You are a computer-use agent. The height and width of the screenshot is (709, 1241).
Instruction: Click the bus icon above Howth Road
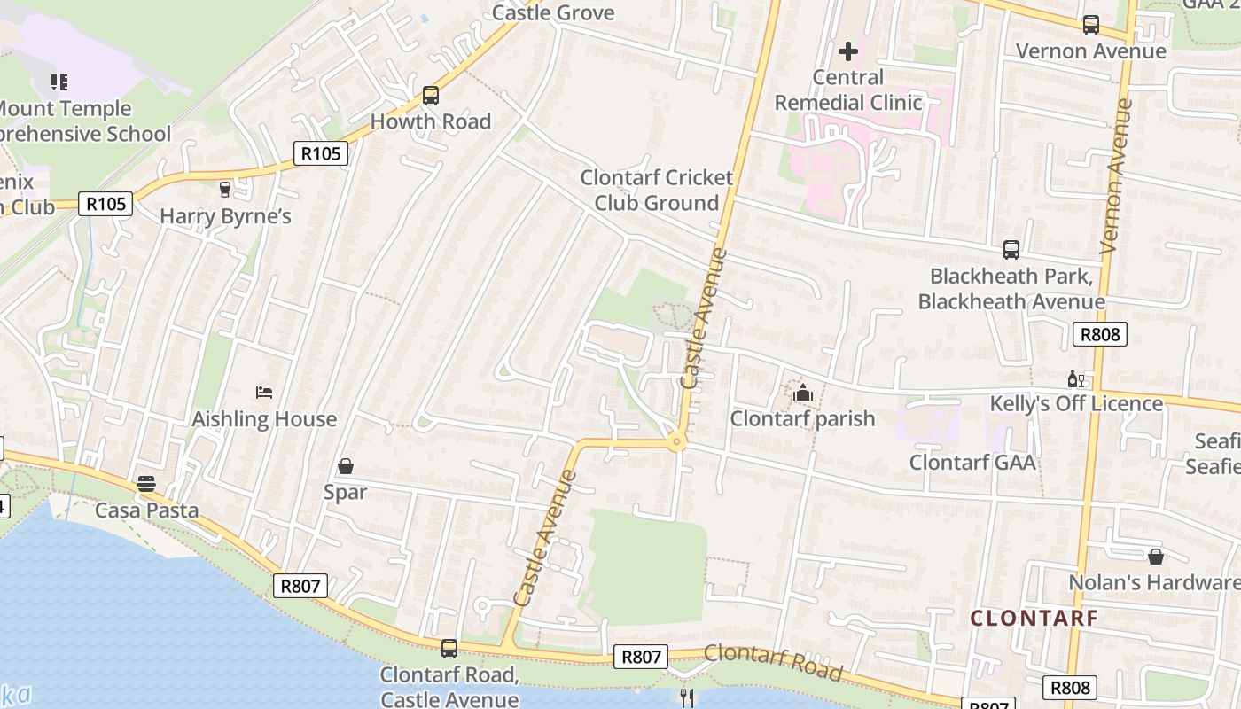pyautogui.click(x=431, y=95)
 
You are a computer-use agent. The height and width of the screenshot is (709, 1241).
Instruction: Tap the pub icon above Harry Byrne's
pyautogui.click(x=225, y=189)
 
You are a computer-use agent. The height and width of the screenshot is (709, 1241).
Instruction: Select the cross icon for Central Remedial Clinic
pyautogui.click(x=848, y=51)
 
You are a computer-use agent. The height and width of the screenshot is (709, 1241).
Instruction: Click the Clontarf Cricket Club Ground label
pyautogui.click(x=657, y=190)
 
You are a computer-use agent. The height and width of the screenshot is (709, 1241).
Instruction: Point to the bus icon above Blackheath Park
pyautogui.click(x=1011, y=250)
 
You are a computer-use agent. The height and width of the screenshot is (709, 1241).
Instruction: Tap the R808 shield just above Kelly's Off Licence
pyautogui.click(x=1099, y=334)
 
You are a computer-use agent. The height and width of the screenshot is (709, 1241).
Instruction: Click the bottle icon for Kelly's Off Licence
pyautogui.click(x=1076, y=379)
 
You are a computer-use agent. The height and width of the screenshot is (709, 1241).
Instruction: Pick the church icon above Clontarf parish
pyautogui.click(x=803, y=393)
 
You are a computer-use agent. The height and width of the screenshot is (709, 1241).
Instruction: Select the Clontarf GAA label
pyautogui.click(x=972, y=462)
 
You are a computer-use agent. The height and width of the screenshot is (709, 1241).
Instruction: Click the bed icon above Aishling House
pyautogui.click(x=264, y=392)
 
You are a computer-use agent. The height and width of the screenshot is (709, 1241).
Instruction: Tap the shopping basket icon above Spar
pyautogui.click(x=346, y=466)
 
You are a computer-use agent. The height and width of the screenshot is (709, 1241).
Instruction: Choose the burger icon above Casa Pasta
pyautogui.click(x=146, y=484)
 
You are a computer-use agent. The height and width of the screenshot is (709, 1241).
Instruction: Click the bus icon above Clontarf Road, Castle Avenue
pyautogui.click(x=449, y=649)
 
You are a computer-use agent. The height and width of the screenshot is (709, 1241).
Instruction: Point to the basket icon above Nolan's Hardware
pyautogui.click(x=1156, y=557)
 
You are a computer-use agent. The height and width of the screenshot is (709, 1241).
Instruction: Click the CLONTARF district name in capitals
pyautogui.click(x=1034, y=618)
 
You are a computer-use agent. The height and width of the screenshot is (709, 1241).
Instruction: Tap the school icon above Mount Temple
pyautogui.click(x=59, y=82)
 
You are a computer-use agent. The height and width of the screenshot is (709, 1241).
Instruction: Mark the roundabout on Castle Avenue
pyautogui.click(x=677, y=440)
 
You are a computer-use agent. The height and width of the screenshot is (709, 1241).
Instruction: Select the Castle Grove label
pyautogui.click(x=553, y=12)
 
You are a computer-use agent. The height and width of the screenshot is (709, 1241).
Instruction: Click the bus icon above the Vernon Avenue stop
pyautogui.click(x=1091, y=25)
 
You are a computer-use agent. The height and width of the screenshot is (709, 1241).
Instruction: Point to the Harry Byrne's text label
pyautogui.click(x=225, y=216)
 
